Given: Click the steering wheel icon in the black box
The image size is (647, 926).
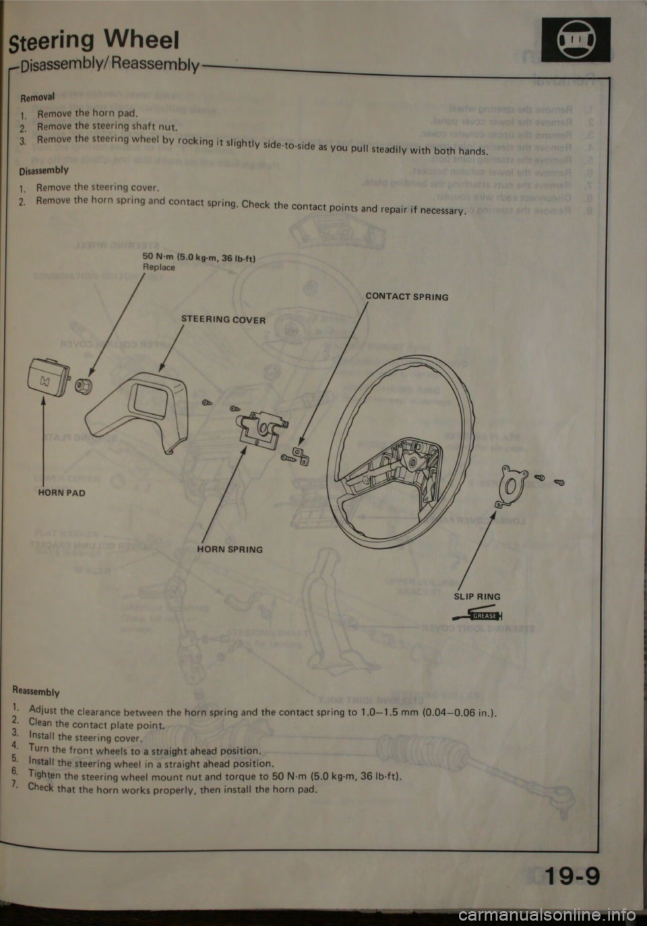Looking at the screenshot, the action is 576,39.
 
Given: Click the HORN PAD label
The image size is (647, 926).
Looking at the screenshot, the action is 61,493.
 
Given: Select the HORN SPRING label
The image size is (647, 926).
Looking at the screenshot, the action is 230,550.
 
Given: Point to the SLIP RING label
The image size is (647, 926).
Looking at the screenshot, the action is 476,596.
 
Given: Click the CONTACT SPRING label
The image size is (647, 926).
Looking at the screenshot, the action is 406,297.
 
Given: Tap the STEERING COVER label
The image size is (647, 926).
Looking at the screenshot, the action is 223,320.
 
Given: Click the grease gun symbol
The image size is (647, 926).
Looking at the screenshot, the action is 476,614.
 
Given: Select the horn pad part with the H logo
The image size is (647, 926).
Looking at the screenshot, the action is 49,380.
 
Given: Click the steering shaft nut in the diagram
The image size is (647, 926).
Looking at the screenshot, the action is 84,386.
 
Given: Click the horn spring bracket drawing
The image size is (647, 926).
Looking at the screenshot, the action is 261,428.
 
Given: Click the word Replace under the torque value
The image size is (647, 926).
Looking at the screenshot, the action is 158,267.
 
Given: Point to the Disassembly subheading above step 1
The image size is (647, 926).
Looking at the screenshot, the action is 43,170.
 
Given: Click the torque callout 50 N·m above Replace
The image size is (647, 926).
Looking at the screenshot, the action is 199,259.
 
